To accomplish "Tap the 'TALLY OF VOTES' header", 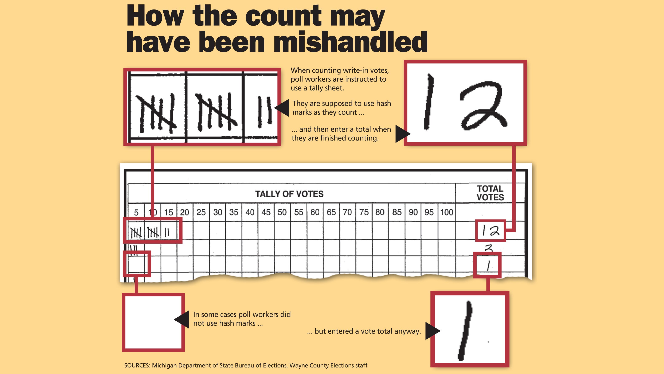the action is (x=289, y=194).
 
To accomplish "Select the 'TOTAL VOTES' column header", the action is (x=490, y=193).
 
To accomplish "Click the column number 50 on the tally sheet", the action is (x=282, y=212).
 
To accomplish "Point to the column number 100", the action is (x=446, y=212).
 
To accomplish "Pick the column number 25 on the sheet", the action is (x=201, y=212).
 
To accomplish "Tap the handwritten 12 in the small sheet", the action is (x=491, y=231).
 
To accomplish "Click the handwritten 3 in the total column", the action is (x=488, y=248).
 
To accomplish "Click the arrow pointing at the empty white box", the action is (x=181, y=320).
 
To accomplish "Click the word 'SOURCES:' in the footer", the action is (x=137, y=366).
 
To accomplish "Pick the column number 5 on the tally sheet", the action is (x=136, y=212).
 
